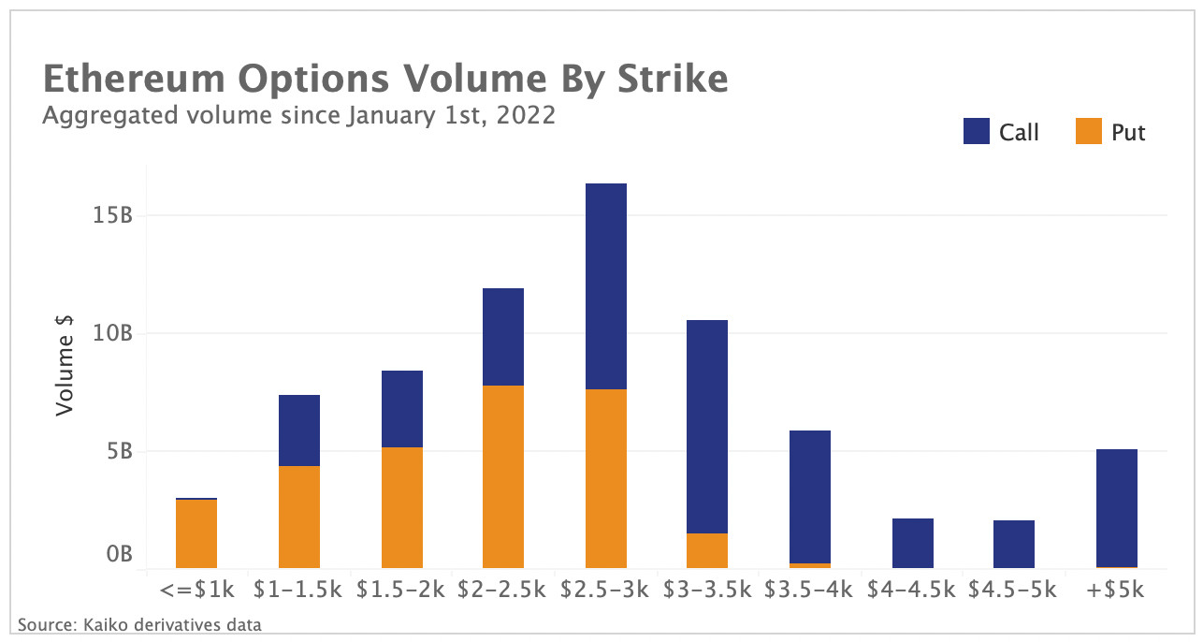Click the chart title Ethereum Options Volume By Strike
(x=385, y=80)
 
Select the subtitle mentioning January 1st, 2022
(x=299, y=116)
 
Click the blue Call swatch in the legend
(x=976, y=132)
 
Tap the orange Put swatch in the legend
(x=1088, y=132)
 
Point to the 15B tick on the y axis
(x=112, y=215)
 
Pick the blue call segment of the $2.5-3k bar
(x=605, y=285)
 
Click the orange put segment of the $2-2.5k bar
(x=502, y=476)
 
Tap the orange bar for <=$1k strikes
(x=196, y=533)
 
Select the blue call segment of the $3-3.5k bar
(x=707, y=426)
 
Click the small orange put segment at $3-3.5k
(x=707, y=550)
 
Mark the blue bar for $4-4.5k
(x=912, y=543)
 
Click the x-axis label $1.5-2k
(x=401, y=591)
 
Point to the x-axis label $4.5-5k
(x=1012, y=591)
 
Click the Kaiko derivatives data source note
(x=138, y=623)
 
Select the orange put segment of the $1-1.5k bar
(x=299, y=517)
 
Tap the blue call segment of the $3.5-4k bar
(x=810, y=496)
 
